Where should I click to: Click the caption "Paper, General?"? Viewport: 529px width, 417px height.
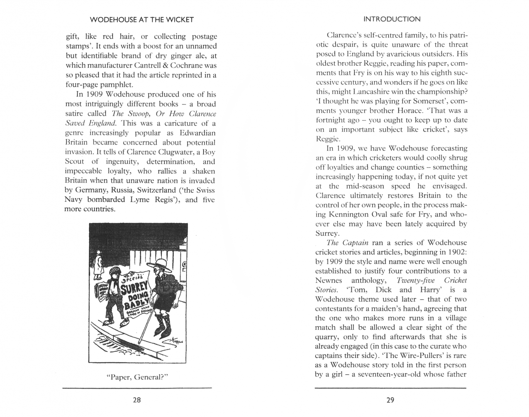coord(138,377)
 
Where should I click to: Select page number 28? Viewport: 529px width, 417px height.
coord(137,400)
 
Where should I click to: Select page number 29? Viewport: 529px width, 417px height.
coord(390,400)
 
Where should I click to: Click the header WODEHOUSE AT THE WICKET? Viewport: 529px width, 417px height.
coord(141,20)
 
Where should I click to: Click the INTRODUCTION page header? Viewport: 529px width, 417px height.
coord(392,19)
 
